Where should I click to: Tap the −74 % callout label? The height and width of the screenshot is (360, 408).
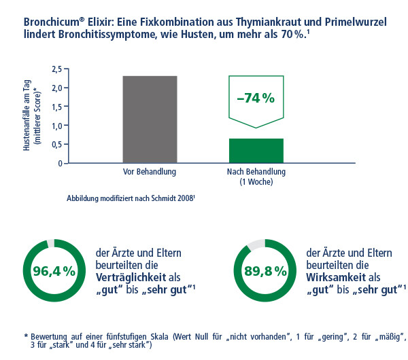tap(255, 98)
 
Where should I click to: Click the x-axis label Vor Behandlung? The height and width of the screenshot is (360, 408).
tap(150, 172)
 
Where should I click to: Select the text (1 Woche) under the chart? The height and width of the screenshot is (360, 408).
tap(256, 182)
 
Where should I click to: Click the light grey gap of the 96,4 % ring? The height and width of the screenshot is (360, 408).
tap(49, 243)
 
